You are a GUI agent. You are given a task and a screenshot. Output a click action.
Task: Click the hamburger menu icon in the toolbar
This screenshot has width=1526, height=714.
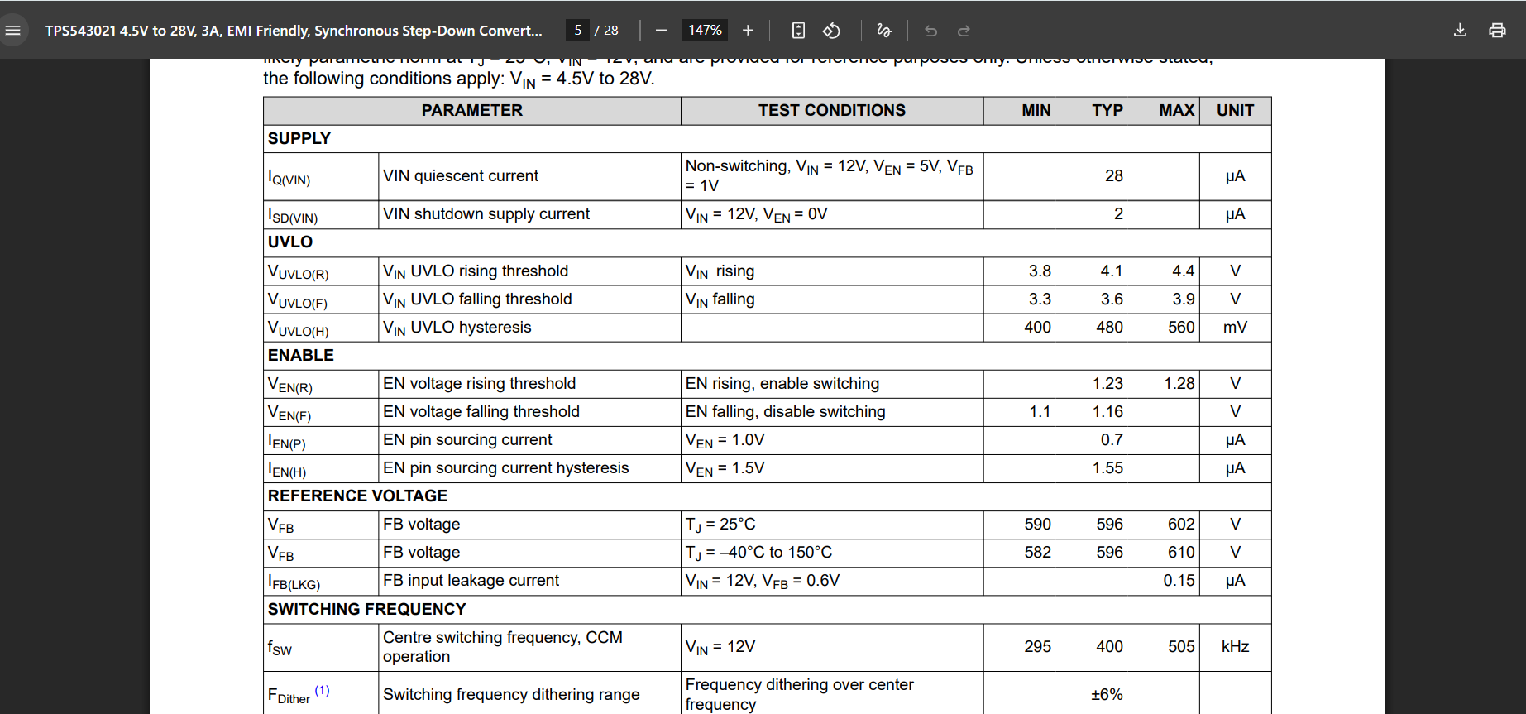pyautogui.click(x=13, y=31)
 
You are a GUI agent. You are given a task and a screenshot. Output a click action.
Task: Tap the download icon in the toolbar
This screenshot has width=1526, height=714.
pyautogui.click(x=1460, y=31)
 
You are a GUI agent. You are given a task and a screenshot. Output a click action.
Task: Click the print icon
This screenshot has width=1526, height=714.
pyautogui.click(x=1497, y=31)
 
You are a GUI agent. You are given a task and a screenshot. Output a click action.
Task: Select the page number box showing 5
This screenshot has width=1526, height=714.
pyautogui.click(x=578, y=31)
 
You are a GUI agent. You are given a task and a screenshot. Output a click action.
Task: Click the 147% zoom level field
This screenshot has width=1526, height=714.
pyautogui.click(x=705, y=31)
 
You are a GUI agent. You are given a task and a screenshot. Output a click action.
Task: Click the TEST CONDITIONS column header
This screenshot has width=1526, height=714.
pyautogui.click(x=831, y=111)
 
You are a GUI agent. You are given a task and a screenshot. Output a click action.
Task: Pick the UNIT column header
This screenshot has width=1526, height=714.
pyautogui.click(x=1235, y=111)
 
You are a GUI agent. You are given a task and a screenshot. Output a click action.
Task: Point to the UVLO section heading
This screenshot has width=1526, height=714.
pyautogui.click(x=290, y=242)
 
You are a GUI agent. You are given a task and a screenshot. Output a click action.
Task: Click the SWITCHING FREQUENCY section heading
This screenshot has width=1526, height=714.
pyautogui.click(x=366, y=610)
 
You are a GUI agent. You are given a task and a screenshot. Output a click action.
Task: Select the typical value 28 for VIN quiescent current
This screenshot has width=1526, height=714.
pyautogui.click(x=1113, y=176)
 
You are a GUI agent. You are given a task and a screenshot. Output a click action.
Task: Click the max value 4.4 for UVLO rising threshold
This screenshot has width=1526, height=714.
pyautogui.click(x=1183, y=271)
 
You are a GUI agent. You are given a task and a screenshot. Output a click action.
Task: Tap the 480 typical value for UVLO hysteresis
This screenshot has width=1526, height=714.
pyautogui.click(x=1109, y=328)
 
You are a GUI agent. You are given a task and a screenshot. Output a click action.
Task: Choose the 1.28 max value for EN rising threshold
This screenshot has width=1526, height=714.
pyautogui.click(x=1179, y=384)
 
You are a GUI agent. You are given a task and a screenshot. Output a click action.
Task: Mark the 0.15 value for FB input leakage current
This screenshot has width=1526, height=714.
pyautogui.click(x=1179, y=581)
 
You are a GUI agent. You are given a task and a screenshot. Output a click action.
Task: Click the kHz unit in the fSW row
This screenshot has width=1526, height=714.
pyautogui.click(x=1235, y=647)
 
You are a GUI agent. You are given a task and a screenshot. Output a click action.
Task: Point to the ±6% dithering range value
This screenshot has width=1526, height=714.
pyautogui.click(x=1107, y=695)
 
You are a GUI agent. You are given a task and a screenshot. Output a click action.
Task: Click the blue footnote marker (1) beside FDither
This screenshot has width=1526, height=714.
pyautogui.click(x=322, y=690)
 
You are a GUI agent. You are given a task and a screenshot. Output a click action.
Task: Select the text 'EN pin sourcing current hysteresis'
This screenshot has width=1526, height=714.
pyautogui.click(x=505, y=468)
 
